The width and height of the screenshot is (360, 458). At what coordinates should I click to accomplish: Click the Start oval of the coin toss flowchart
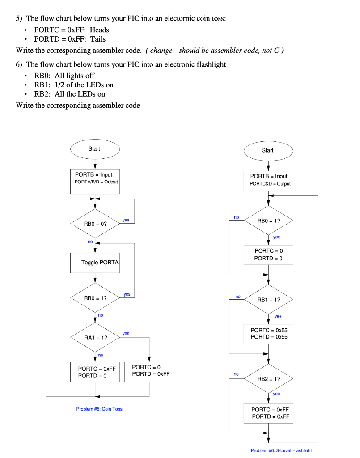coord(94,149)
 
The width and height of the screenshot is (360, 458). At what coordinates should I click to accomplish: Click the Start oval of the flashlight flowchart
coord(268,151)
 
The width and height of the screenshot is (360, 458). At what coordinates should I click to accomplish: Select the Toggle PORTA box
coord(95,263)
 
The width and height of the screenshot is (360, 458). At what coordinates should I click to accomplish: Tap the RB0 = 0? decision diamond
coord(95,223)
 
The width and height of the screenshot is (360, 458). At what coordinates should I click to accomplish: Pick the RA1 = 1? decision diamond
coord(95,338)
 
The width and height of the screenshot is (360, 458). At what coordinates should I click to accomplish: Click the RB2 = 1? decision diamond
coord(268,379)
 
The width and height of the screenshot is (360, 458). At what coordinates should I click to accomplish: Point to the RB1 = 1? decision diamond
coord(268,300)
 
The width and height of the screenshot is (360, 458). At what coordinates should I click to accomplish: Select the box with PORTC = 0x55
coord(268,334)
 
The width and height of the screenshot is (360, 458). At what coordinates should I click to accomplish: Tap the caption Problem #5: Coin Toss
coord(99,409)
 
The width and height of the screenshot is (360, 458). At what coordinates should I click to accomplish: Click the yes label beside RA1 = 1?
coord(126,333)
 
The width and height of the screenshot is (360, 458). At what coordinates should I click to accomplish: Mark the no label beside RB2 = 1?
coord(236,374)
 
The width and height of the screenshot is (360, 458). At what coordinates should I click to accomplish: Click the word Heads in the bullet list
coord(99,30)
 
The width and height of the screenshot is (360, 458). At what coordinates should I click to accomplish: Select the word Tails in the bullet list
coord(98,39)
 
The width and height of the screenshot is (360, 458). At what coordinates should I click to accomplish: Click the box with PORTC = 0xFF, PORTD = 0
coord(95,372)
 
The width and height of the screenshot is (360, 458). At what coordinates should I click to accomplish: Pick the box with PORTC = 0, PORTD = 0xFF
coord(149,371)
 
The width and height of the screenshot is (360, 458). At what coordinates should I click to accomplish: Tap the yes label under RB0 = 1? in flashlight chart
coord(276,237)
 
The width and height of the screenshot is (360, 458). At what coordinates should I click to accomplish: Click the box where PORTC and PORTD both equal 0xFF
coord(268,413)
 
